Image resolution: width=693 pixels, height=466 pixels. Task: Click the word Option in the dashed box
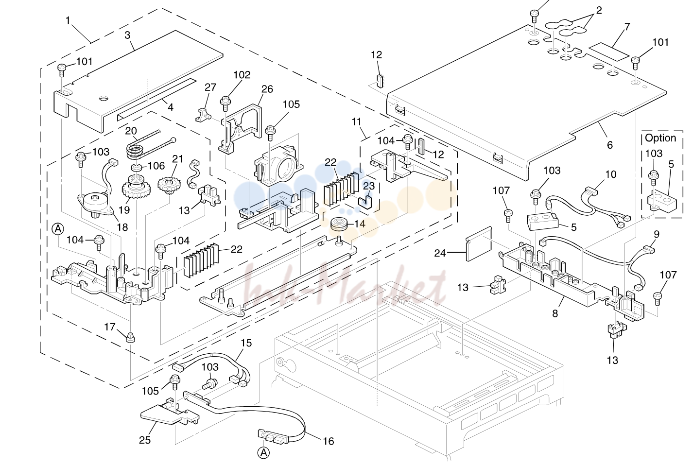[660, 138]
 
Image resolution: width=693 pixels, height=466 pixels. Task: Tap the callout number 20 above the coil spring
[131, 131]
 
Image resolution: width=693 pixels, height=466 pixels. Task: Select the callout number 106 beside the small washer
[156, 166]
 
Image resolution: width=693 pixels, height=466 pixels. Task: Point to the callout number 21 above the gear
[177, 159]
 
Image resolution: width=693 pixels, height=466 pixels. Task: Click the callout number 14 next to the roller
[360, 224]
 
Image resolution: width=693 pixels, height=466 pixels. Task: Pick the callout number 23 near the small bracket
[369, 186]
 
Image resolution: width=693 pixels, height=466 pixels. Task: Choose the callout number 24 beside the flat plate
[440, 253]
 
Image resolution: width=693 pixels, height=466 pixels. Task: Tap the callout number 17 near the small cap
[110, 327]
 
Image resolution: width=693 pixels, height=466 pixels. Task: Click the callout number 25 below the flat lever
[145, 440]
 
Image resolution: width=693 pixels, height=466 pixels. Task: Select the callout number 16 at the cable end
[329, 441]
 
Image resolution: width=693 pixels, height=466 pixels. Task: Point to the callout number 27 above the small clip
[210, 87]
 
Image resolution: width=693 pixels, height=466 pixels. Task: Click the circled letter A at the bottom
[263, 453]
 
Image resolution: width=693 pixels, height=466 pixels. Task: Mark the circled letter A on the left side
[58, 229]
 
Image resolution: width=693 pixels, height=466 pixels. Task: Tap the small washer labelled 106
[136, 168]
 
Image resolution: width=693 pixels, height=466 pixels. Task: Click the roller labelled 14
[338, 224]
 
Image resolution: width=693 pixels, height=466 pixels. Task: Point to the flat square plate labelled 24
[479, 243]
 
